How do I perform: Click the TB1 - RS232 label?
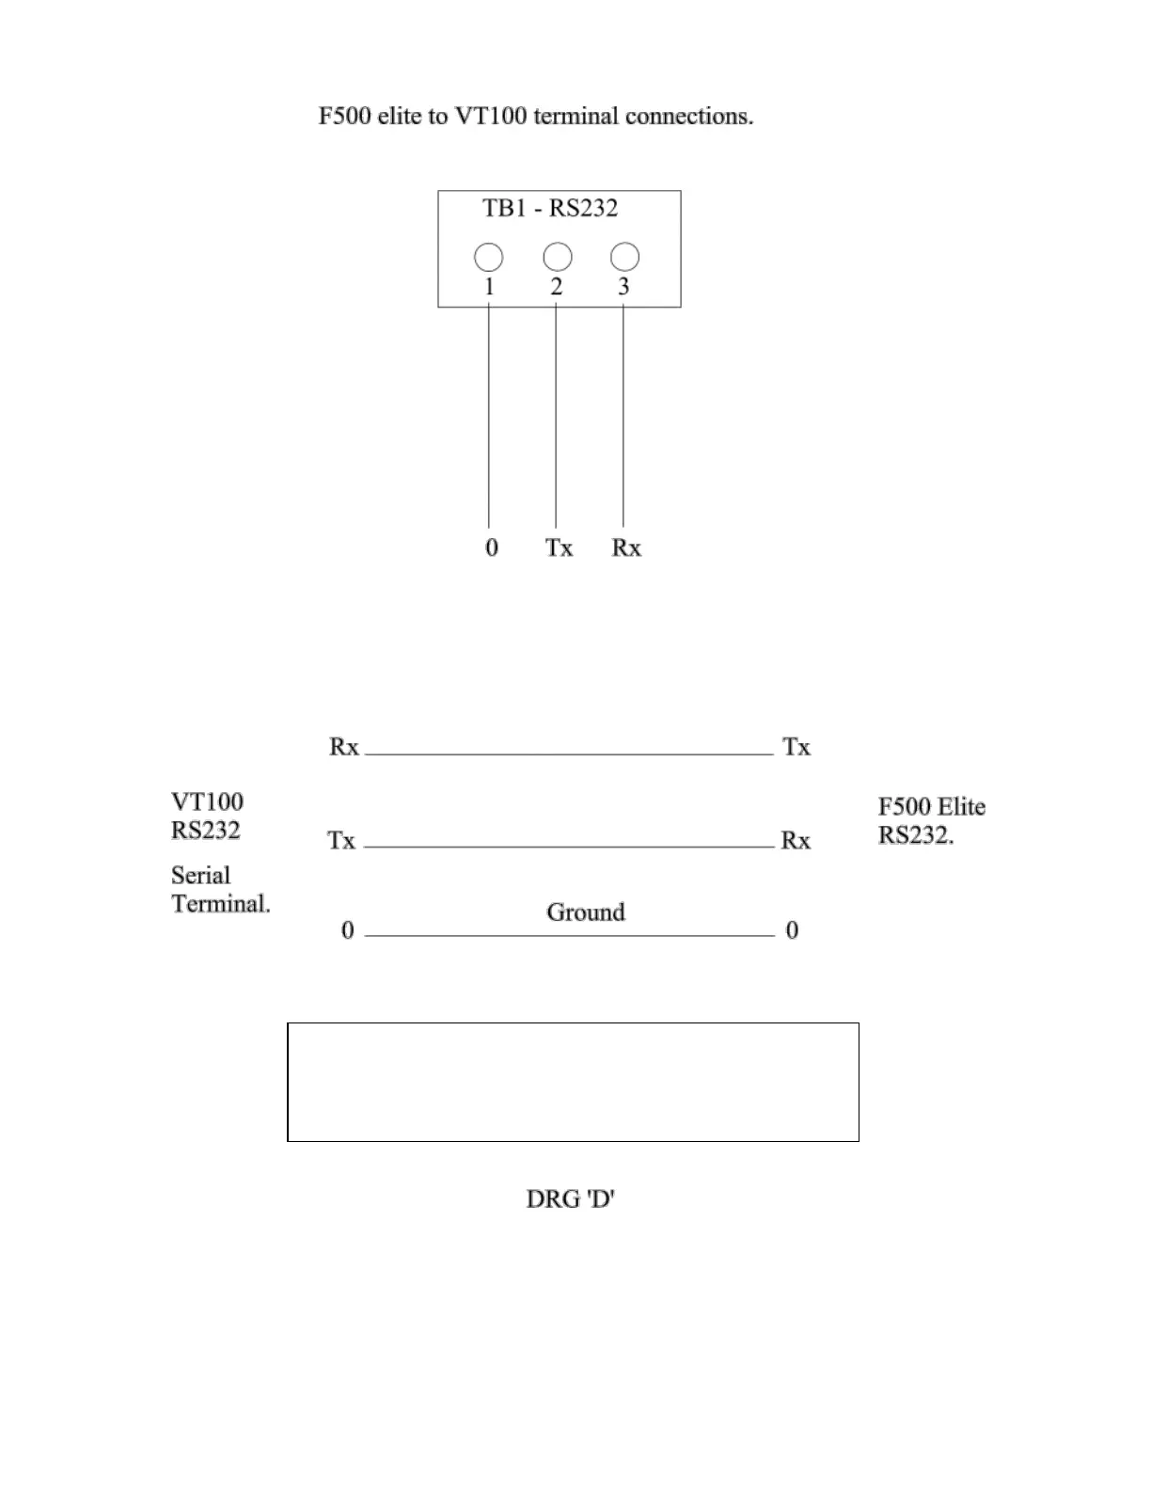point(550,208)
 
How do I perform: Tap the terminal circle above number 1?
point(488,257)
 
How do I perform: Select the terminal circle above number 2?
point(558,257)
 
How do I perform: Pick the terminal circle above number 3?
point(624,257)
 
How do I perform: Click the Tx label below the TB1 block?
point(559,547)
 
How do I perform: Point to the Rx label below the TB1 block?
point(626,547)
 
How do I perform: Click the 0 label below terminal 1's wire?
point(492,547)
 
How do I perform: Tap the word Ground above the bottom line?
point(586,912)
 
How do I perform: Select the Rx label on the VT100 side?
point(344,747)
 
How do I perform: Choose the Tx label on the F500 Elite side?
point(796,747)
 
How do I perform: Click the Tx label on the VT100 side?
point(341,840)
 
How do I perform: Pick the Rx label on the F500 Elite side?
point(796,840)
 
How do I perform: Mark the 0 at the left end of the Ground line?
point(348,930)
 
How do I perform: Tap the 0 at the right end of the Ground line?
point(792,930)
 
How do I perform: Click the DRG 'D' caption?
point(570,1199)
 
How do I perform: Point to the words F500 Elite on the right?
point(932,807)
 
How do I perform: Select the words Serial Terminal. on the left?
point(220,890)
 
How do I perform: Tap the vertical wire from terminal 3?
point(623,414)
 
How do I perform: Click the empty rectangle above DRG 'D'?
point(573,1082)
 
